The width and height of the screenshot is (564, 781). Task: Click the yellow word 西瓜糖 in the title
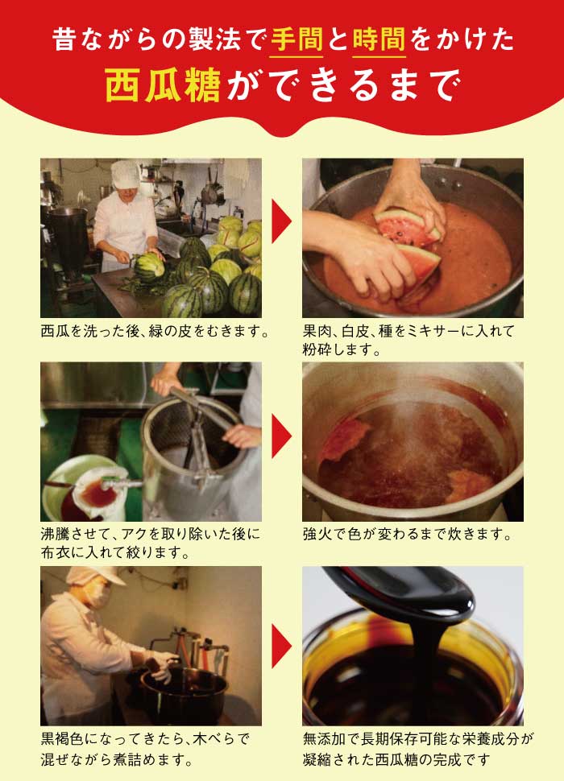coord(163,85)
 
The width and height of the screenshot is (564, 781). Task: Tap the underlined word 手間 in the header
coord(297,39)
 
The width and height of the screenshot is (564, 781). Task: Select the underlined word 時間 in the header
coord(379,39)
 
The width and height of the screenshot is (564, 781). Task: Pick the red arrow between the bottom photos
coord(281,646)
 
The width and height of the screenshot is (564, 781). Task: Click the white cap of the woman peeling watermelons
coord(126,174)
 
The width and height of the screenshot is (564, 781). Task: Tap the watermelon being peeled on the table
coord(150,265)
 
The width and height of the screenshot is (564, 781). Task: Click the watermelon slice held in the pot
coord(408,228)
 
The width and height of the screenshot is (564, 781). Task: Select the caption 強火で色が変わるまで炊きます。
coord(407,535)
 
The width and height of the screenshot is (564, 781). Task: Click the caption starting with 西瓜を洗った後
coord(155,331)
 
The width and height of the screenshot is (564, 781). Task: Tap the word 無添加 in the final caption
coord(325,738)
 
